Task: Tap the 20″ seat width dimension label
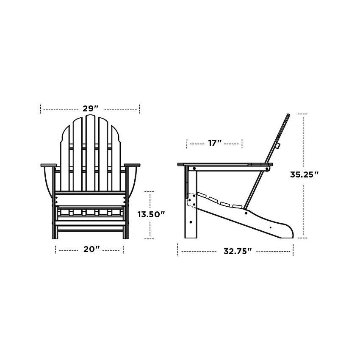[x=91, y=249]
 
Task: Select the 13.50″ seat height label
[x=150, y=215]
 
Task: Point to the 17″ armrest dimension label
[x=215, y=143]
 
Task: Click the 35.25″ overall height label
[x=304, y=174]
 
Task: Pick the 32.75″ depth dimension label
[x=237, y=251]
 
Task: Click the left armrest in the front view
[x=48, y=165]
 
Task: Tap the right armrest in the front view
[x=132, y=165]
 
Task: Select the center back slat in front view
[x=90, y=152]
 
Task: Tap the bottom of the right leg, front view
[x=125, y=236]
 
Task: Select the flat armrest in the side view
[x=224, y=164]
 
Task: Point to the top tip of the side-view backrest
[x=288, y=115]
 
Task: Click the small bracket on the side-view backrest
[x=278, y=146]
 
